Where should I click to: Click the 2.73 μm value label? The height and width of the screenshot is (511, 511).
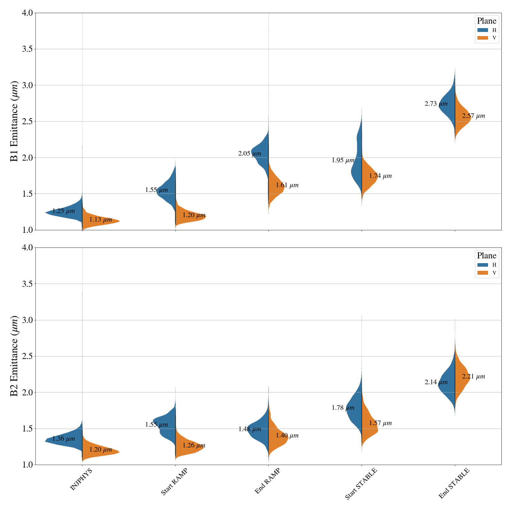pyautogui.click(x=436, y=104)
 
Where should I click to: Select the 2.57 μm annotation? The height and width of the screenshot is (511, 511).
pyautogui.click(x=473, y=116)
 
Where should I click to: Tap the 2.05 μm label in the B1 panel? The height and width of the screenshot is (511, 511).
pyautogui.click(x=249, y=154)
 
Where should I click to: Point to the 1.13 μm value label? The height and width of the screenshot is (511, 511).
pyautogui.click(x=101, y=220)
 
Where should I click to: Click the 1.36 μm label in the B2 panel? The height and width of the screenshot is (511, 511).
pyautogui.click(x=64, y=439)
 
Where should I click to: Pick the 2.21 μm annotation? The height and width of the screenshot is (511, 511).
pyautogui.click(x=473, y=377)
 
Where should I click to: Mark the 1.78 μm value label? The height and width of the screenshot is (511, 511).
pyautogui.click(x=343, y=408)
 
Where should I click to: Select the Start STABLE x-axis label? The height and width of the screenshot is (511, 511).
pyautogui.click(x=361, y=484)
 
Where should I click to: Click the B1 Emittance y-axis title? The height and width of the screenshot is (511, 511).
pyautogui.click(x=14, y=121)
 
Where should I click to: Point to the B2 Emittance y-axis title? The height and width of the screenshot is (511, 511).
pyautogui.click(x=14, y=356)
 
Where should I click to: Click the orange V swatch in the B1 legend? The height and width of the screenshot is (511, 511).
pyautogui.click(x=483, y=38)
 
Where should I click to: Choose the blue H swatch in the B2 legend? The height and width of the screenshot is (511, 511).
pyautogui.click(x=483, y=265)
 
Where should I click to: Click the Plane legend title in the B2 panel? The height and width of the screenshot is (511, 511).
pyautogui.click(x=486, y=256)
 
